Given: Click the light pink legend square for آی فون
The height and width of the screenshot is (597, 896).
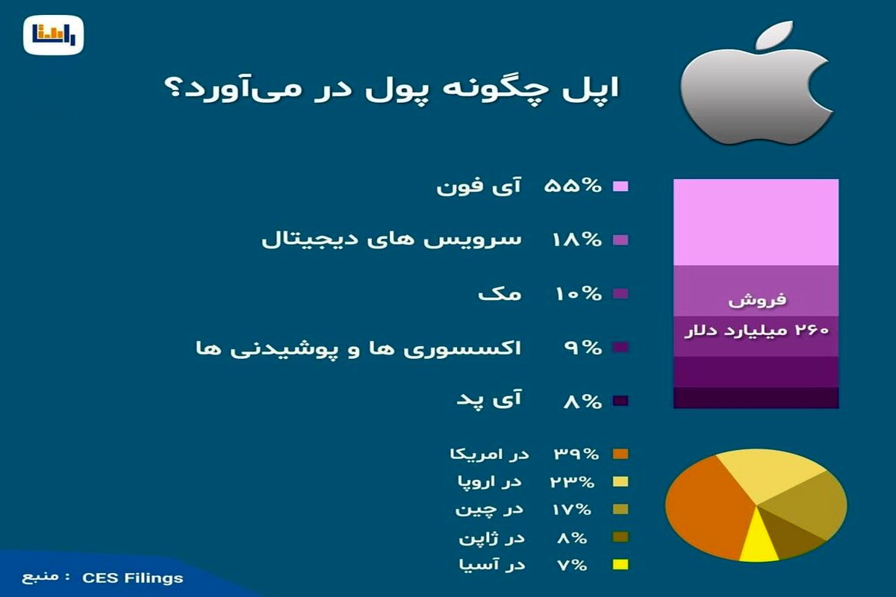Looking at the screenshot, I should pyautogui.click(x=620, y=187).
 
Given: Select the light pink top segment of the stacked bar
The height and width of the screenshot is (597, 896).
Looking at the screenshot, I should pyautogui.click(x=756, y=222).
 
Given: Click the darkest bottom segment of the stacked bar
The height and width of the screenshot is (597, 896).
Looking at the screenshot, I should pyautogui.click(x=756, y=398).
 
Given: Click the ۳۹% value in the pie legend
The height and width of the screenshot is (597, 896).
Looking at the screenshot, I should pyautogui.click(x=573, y=454).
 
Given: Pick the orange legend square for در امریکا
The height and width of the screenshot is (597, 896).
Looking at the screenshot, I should pyautogui.click(x=620, y=454).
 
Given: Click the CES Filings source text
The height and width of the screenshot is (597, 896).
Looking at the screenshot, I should pyautogui.click(x=132, y=578).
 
